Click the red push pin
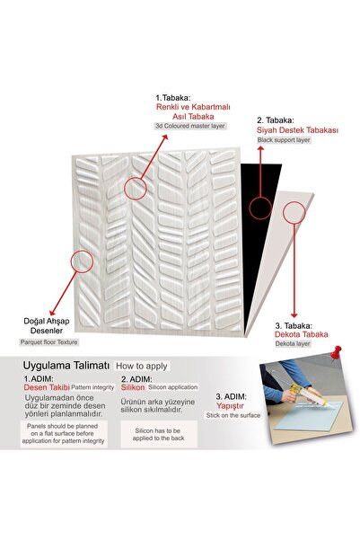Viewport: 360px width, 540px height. [x=335, y=353]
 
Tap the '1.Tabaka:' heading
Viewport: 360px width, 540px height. [x=172, y=98]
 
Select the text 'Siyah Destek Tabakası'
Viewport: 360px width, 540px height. [x=297, y=130]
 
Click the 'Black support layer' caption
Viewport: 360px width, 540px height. [x=284, y=140]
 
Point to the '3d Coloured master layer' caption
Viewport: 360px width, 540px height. [x=190, y=126]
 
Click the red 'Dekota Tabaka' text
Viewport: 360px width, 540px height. [x=301, y=334]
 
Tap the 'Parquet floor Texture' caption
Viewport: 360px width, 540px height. [x=48, y=342]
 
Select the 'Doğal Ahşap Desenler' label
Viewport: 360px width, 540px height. [x=47, y=326]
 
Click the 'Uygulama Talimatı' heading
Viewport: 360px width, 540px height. [x=66, y=366]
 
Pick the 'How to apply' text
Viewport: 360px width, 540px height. [x=142, y=366]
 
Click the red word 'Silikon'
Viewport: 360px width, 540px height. [x=133, y=387]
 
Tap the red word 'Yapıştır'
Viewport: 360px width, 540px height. [x=230, y=406]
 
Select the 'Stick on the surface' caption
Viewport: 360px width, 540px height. [x=233, y=415]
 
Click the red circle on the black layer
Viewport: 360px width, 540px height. [x=260, y=208]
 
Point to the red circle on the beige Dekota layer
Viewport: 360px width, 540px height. [x=294, y=213]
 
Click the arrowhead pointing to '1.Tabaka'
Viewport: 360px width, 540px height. [x=165, y=137]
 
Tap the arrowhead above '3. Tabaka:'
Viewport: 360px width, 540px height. [x=294, y=315]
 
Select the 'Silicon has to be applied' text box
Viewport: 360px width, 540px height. [x=159, y=434]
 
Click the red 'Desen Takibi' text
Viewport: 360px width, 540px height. [x=47, y=387]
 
